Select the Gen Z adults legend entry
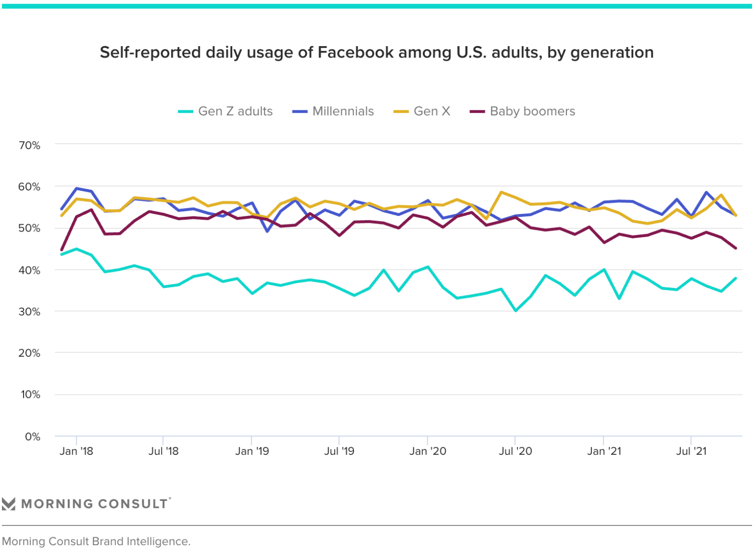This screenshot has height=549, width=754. (225, 111)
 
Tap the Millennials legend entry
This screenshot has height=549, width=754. (333, 111)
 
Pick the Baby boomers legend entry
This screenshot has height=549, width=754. (523, 111)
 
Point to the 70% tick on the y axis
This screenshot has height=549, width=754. (29, 145)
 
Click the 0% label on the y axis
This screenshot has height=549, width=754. (32, 436)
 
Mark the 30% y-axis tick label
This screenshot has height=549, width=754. (29, 312)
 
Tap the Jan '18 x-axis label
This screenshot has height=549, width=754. (76, 451)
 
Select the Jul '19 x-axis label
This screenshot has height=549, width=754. (339, 451)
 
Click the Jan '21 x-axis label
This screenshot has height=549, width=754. (604, 451)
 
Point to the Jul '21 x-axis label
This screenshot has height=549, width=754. (691, 451)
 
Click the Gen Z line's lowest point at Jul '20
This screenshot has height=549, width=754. (515, 311)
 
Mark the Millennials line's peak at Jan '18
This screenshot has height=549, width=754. (77, 188)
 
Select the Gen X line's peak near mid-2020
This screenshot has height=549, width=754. (501, 192)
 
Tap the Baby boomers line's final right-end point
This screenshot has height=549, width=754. (735, 248)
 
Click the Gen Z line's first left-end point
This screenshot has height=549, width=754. (61, 254)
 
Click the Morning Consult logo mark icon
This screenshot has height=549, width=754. (9, 504)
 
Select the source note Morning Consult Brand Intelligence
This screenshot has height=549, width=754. (96, 541)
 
